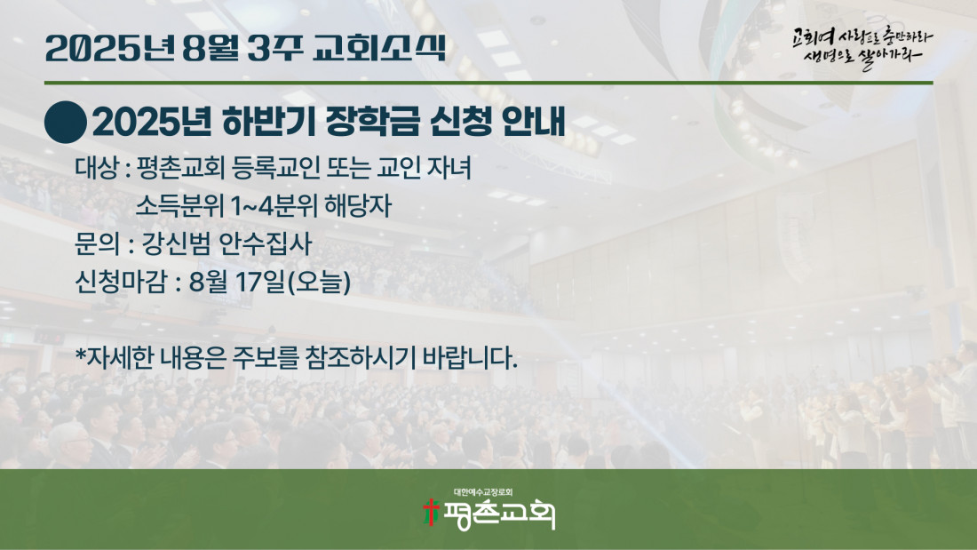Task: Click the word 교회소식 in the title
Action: [x=379, y=48]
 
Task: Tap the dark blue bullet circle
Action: [x=66, y=123]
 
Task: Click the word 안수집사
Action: [x=266, y=243]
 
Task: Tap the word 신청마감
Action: [x=121, y=282]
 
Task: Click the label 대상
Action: [x=97, y=168]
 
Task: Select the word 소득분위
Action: [x=179, y=206]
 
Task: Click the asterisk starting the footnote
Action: [x=80, y=354]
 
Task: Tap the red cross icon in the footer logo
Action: [x=431, y=512]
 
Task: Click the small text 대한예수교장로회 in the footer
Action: [x=483, y=492]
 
